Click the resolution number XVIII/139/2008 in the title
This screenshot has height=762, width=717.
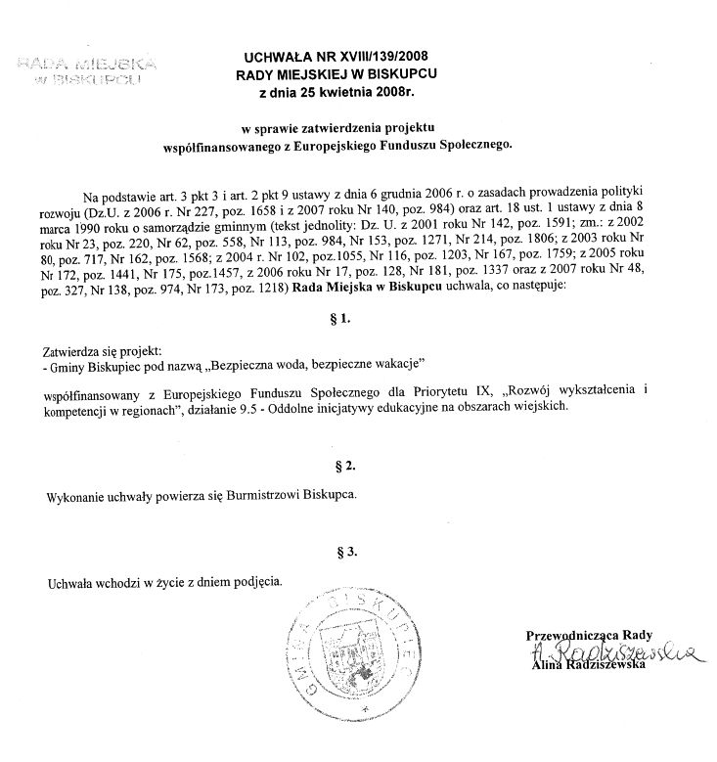[x=385, y=57]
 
